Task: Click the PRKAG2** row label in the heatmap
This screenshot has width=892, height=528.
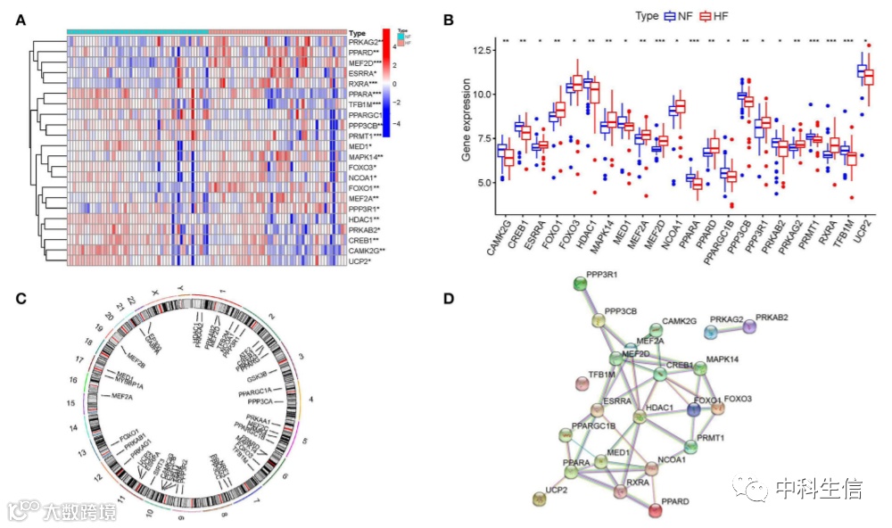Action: click(366, 42)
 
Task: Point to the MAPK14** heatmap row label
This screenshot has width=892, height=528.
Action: click(367, 157)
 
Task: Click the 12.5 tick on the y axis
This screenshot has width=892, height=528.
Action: click(482, 50)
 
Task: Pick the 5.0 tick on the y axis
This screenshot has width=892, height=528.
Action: click(484, 183)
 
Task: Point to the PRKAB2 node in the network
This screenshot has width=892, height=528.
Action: click(749, 327)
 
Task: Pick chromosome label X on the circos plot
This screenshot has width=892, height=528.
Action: click(157, 293)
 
